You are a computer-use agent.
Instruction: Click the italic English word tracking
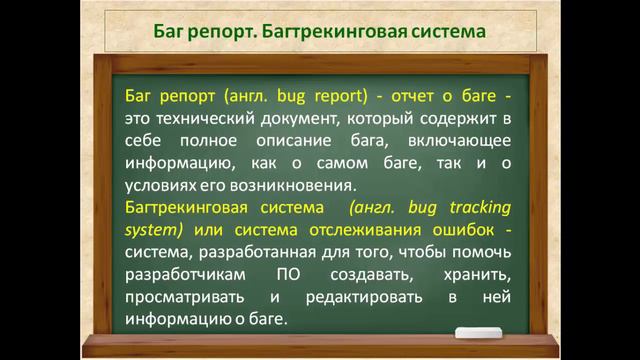pyautogui.click(x=475, y=208)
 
